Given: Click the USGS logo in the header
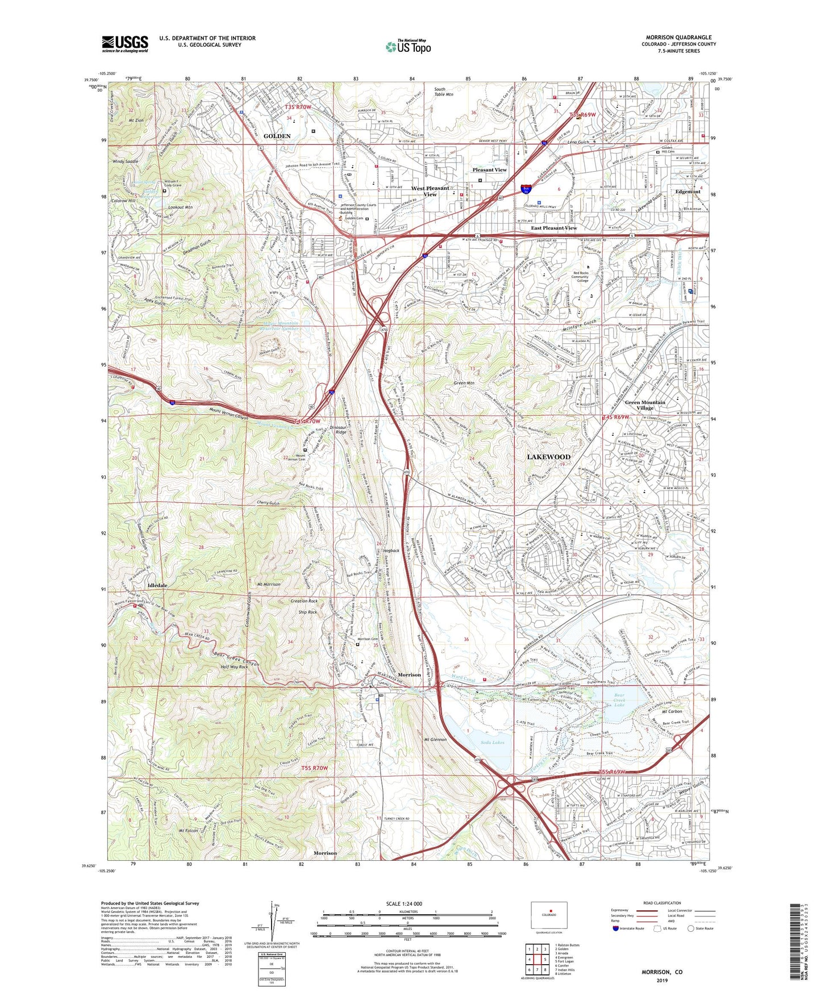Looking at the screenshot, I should point(125,44).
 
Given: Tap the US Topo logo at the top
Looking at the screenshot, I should point(408,47).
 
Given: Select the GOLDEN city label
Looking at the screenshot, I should point(277,136).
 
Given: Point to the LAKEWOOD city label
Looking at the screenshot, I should point(548,457).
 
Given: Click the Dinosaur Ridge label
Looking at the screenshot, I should point(339,430).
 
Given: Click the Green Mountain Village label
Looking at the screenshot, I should point(645,405).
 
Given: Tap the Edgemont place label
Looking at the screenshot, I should point(687,191).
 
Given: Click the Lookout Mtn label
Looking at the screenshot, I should point(180,207).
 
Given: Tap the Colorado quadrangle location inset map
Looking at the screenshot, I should point(548,915).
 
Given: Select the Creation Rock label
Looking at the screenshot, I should point(305,601).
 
